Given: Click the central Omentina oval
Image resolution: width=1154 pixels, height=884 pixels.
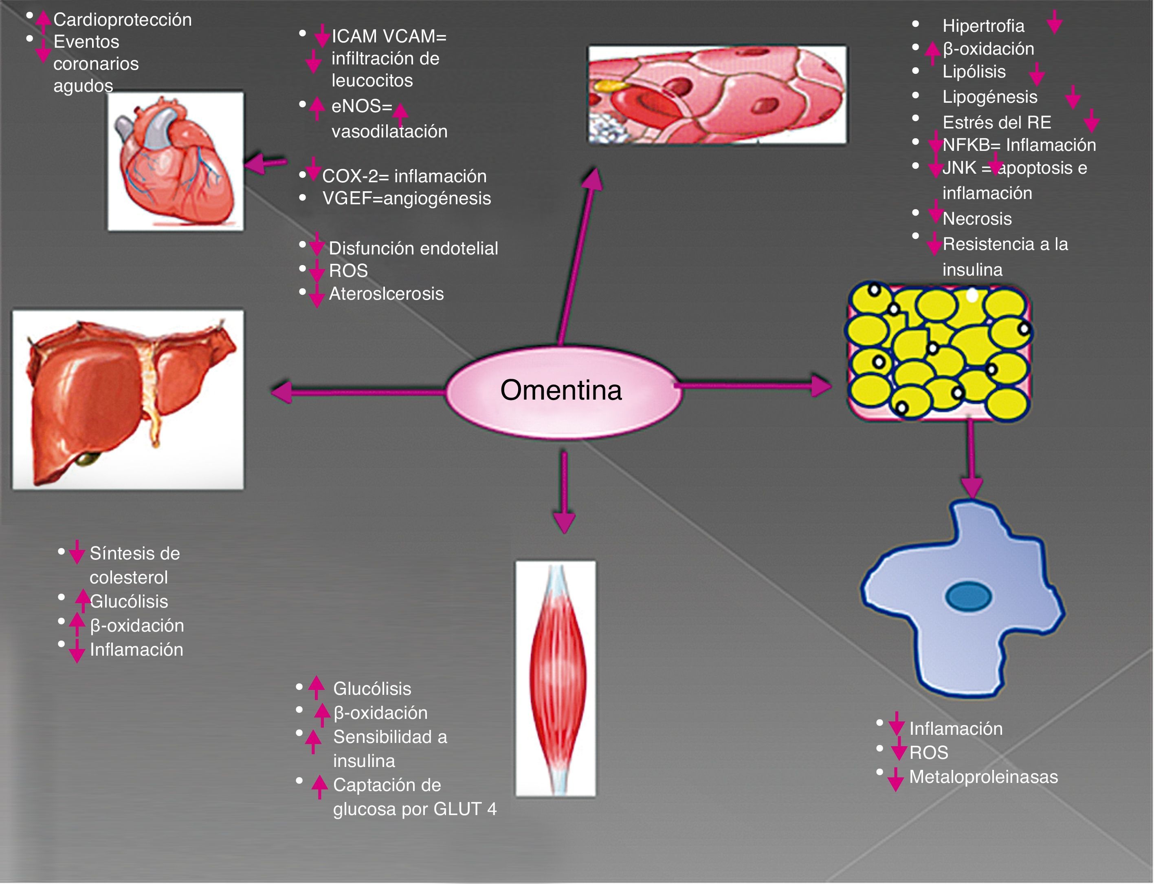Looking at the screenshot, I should [561, 391].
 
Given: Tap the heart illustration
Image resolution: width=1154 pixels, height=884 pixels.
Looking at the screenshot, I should [176, 161].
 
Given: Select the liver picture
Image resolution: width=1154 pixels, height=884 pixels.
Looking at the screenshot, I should [128, 399].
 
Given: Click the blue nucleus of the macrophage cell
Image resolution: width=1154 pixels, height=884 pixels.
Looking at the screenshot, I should [968, 597].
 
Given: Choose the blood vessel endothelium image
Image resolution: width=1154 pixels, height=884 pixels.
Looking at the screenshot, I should [717, 94].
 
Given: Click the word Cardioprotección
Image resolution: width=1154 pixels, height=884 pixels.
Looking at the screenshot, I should [123, 20].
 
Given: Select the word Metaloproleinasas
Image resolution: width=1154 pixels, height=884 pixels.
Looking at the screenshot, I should [983, 777].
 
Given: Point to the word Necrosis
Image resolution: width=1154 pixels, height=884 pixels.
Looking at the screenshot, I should [977, 219].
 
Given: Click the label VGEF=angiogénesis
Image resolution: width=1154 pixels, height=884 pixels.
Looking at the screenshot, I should [407, 199].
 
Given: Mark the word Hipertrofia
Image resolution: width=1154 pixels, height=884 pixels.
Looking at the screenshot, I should [983, 25].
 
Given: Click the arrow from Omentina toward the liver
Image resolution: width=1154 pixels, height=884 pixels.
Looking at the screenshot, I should [358, 391].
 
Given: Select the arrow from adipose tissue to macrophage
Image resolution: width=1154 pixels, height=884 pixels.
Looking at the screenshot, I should [971, 458].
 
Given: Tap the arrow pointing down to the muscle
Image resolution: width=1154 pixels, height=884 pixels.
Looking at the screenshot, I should [564, 492].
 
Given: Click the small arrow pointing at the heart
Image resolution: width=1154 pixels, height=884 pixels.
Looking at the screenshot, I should [266, 163].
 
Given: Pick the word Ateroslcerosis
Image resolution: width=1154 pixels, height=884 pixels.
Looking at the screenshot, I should [386, 294].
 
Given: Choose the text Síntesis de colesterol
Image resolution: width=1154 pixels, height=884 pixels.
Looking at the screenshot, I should [134, 565].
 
